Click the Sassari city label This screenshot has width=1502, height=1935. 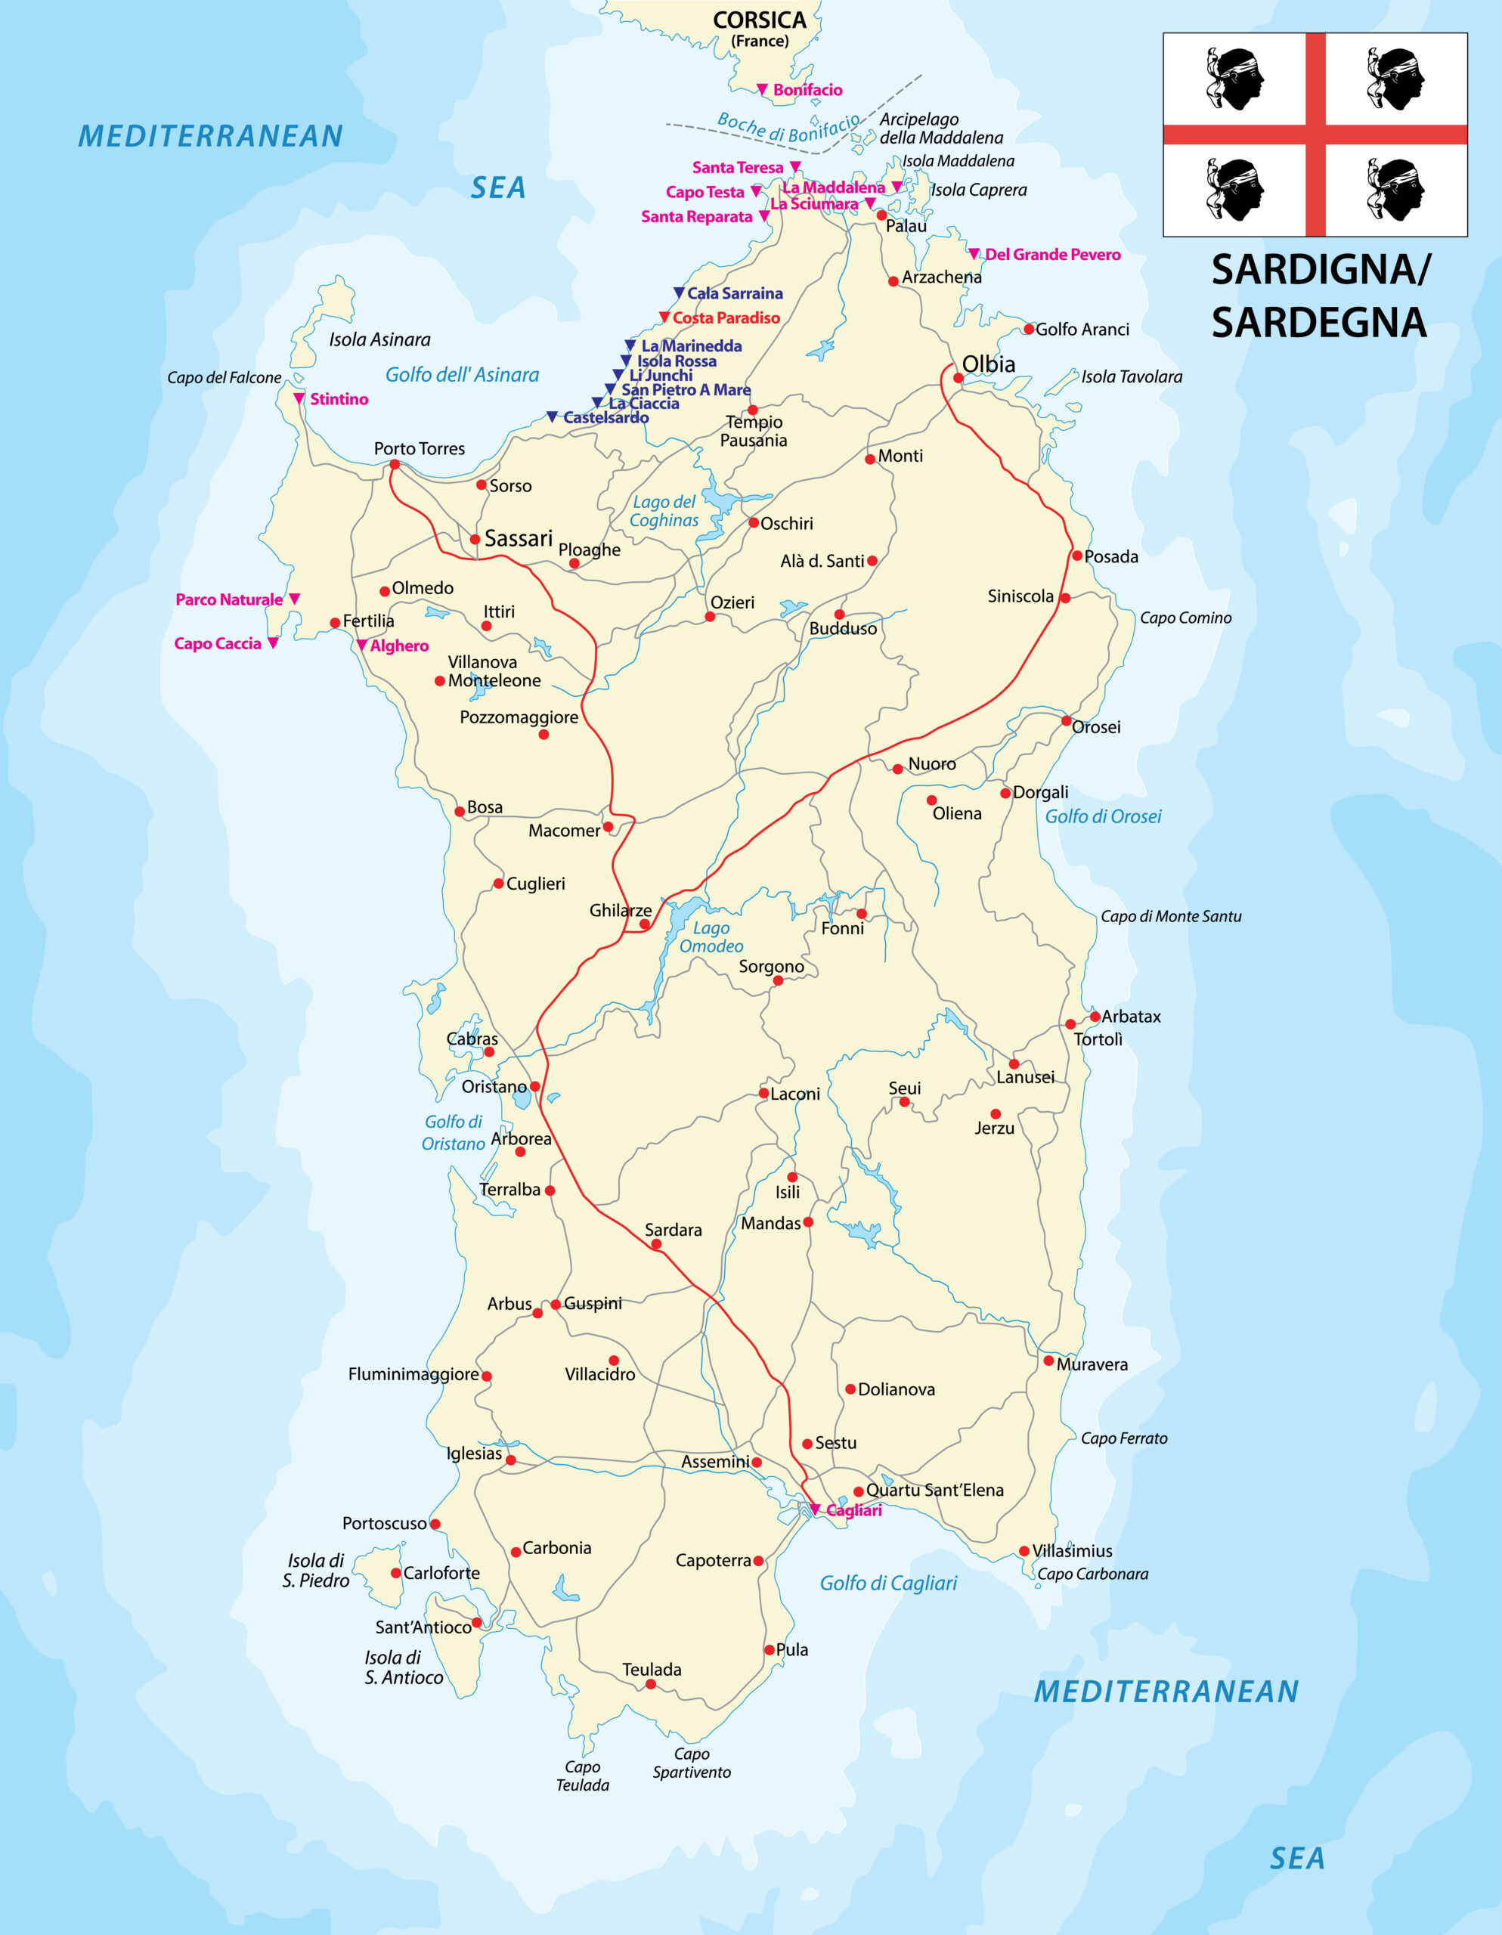tap(519, 539)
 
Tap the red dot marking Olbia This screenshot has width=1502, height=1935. tap(958, 379)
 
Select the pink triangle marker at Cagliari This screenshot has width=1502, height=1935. tap(814, 1509)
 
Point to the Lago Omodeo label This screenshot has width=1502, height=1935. tap(711, 937)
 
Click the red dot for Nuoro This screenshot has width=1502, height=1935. tap(898, 769)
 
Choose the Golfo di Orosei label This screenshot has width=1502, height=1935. tap(1102, 817)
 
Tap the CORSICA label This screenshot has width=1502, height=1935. tap(760, 20)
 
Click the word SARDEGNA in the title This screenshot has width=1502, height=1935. tap(1318, 323)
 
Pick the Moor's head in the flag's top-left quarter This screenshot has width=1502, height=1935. tap(1234, 79)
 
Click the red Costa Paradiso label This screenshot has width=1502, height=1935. tap(726, 318)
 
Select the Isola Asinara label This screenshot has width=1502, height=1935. tap(379, 339)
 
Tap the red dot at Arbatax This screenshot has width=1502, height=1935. tap(1095, 1016)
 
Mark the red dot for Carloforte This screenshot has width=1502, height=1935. tap(396, 1573)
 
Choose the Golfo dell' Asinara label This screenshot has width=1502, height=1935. tap(462, 375)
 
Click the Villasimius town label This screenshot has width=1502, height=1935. tap(1071, 1550)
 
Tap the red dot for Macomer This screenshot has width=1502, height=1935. tap(608, 827)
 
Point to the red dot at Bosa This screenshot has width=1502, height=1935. tap(459, 812)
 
